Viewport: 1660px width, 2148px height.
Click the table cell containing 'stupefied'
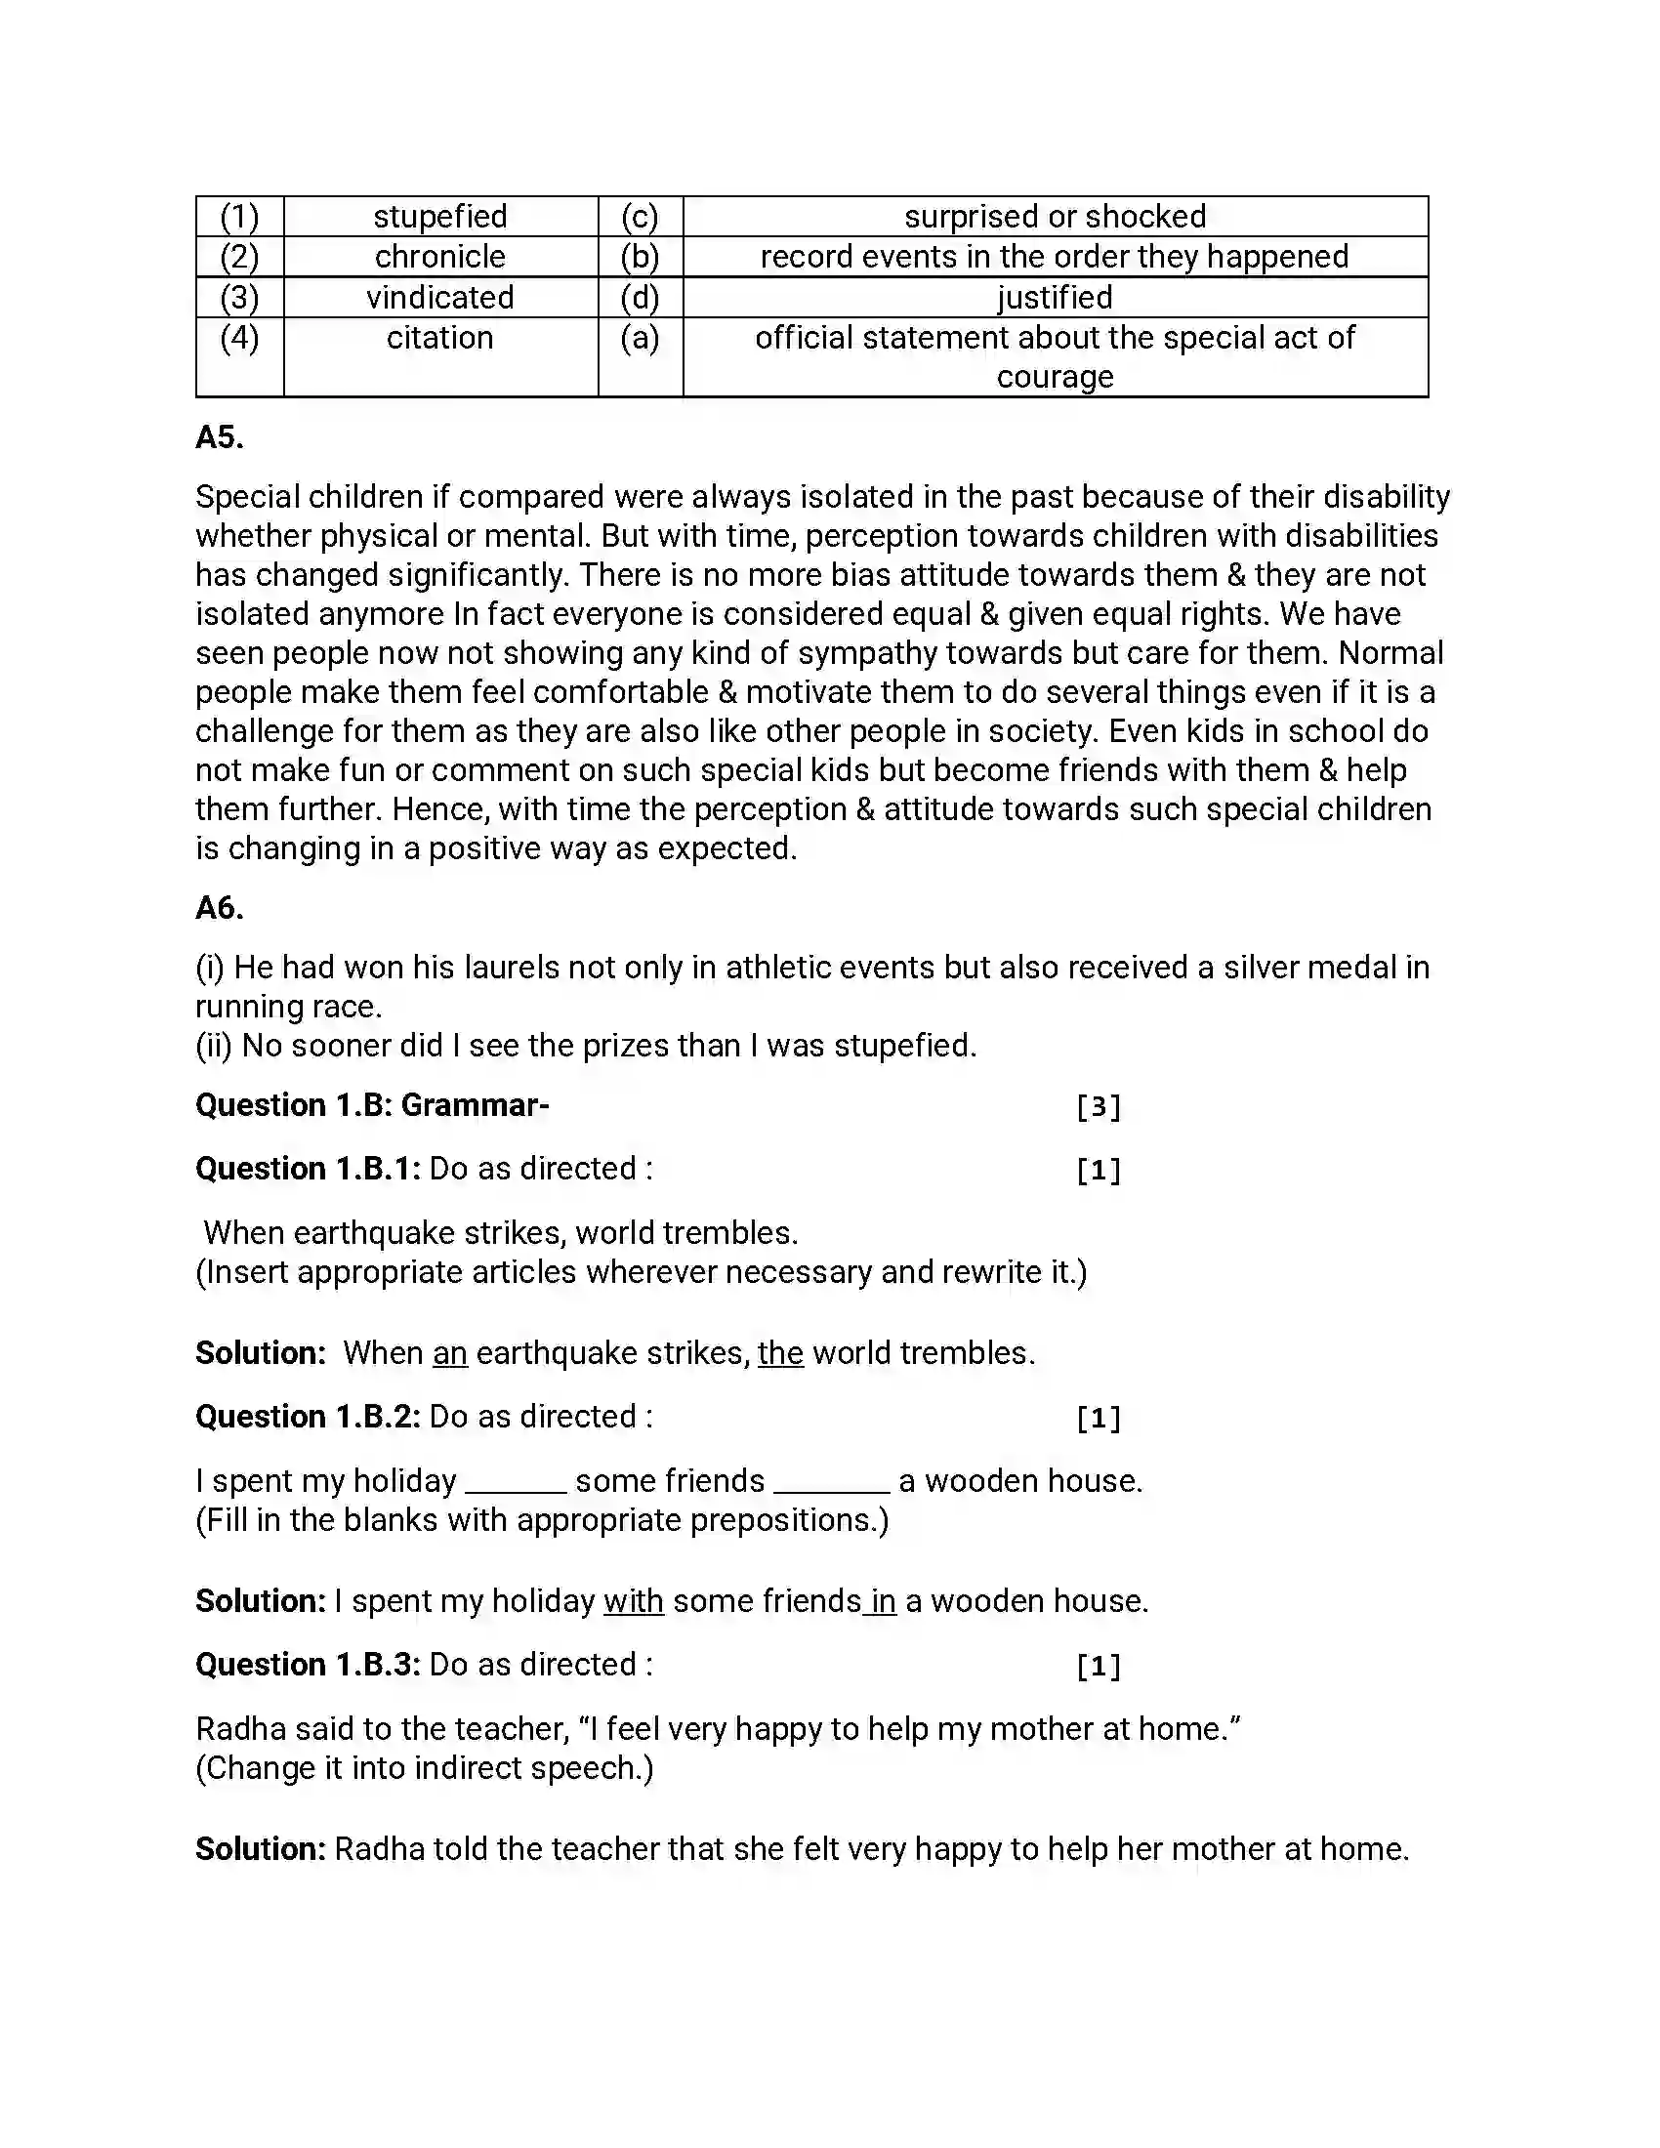(439, 217)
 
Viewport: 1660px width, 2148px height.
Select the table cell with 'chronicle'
(439, 257)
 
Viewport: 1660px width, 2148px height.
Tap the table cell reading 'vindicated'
(439, 297)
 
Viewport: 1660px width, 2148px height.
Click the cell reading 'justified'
(1055, 297)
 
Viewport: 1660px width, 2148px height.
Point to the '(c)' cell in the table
(640, 217)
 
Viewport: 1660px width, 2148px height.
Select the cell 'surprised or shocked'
(1055, 217)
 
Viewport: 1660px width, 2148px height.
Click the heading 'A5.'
(220, 436)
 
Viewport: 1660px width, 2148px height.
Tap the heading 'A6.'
(220, 907)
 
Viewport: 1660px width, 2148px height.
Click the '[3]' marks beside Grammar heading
(1098, 1106)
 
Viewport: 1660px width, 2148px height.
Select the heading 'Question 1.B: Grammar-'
(372, 1105)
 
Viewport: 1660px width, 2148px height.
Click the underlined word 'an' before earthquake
(449, 1353)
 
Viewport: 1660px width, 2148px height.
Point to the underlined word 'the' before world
(780, 1353)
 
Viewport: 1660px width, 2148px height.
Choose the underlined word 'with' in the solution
(634, 1601)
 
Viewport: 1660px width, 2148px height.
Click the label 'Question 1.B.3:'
(308, 1664)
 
